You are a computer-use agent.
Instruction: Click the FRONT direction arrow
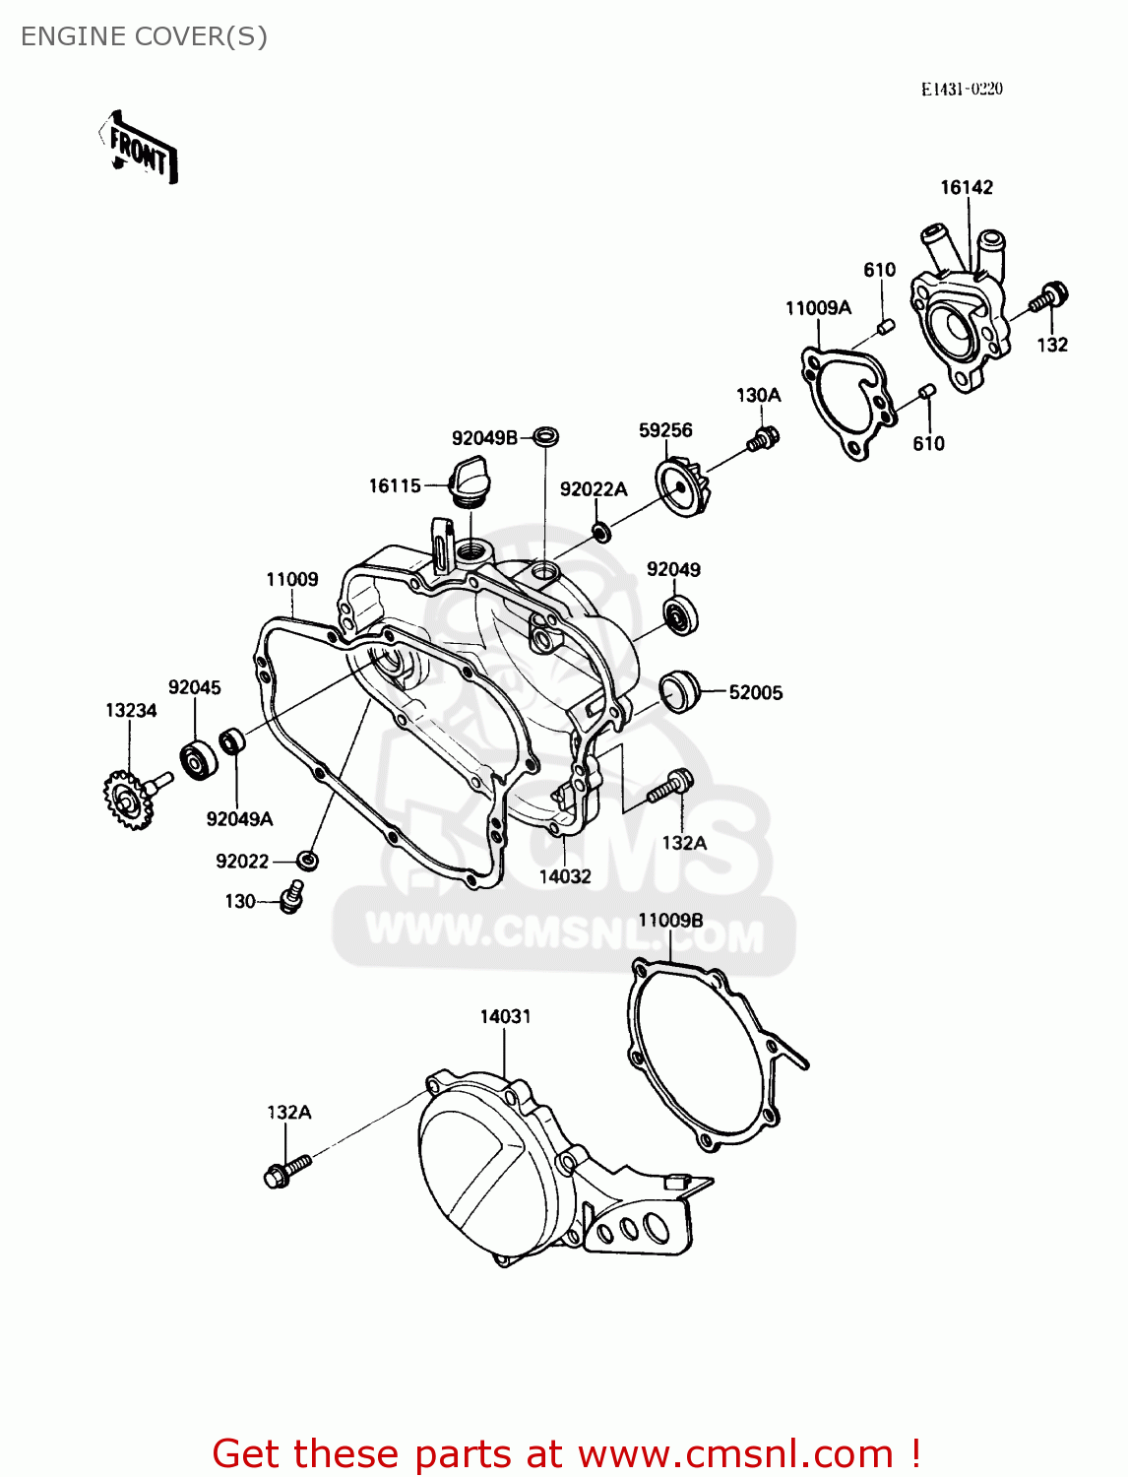tap(140, 148)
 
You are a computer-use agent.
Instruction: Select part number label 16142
tap(966, 187)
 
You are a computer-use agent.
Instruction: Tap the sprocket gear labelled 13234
tap(127, 799)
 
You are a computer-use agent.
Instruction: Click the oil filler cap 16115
tap(468, 481)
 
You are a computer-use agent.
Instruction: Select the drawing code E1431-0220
tap(962, 89)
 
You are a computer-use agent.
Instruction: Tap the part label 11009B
tap(670, 921)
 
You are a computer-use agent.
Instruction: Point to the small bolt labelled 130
tap(291, 896)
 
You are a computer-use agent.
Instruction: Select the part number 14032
tap(565, 876)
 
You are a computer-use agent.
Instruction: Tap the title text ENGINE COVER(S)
tap(144, 36)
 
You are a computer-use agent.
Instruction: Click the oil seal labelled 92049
tap(679, 615)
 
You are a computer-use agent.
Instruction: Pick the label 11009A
tap(818, 308)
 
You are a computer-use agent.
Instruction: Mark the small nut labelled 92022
tap(308, 860)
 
